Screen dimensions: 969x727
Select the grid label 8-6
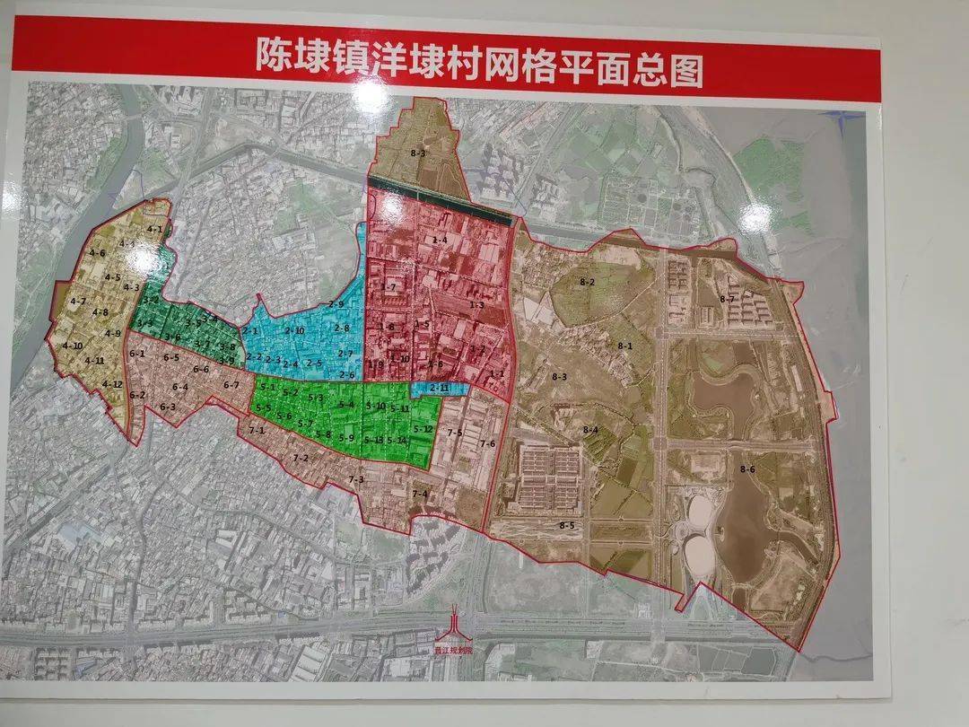click(x=747, y=469)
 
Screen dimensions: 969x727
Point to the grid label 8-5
click(x=566, y=524)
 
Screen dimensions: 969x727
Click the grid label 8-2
click(x=588, y=282)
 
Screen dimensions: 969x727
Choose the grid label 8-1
click(x=625, y=346)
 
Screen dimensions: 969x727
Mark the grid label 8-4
click(x=589, y=431)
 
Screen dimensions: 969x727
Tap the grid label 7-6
click(x=487, y=443)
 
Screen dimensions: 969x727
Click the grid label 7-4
click(x=419, y=495)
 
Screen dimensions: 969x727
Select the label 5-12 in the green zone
click(x=423, y=429)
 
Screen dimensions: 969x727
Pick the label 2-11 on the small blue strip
click(x=439, y=388)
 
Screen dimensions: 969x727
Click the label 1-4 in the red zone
click(x=440, y=240)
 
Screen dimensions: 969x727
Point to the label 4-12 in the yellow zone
click(x=111, y=384)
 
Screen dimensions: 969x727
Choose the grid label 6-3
click(x=168, y=407)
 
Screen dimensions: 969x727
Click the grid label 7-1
click(x=258, y=431)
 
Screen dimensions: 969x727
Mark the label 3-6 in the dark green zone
click(x=172, y=337)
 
